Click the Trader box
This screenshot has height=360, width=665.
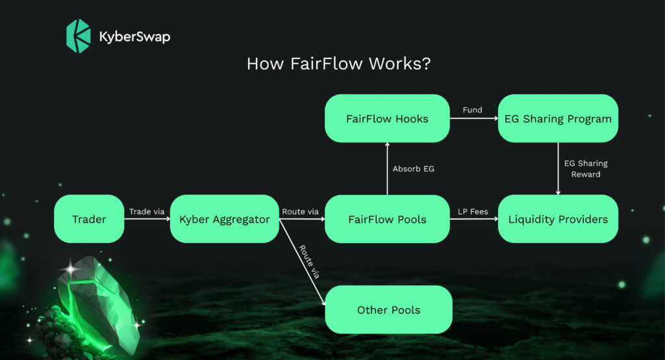click(89, 219)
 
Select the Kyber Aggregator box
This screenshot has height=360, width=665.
click(224, 219)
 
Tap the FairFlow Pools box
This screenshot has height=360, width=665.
click(387, 219)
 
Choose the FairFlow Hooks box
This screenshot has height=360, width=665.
click(387, 118)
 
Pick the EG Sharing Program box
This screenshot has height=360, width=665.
click(558, 118)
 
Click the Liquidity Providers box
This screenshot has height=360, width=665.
click(558, 219)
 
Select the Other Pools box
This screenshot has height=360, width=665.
click(388, 309)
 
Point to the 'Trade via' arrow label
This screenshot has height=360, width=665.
click(147, 211)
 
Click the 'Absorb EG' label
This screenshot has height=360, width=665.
click(414, 169)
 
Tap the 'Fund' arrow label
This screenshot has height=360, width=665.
click(472, 110)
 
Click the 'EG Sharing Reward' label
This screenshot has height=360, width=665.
click(585, 169)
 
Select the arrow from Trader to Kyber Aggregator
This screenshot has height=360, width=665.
click(147, 220)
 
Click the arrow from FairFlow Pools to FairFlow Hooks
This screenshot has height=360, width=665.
click(387, 169)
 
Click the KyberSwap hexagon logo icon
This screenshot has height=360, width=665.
click(79, 36)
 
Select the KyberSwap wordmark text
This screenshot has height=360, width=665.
click(134, 36)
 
